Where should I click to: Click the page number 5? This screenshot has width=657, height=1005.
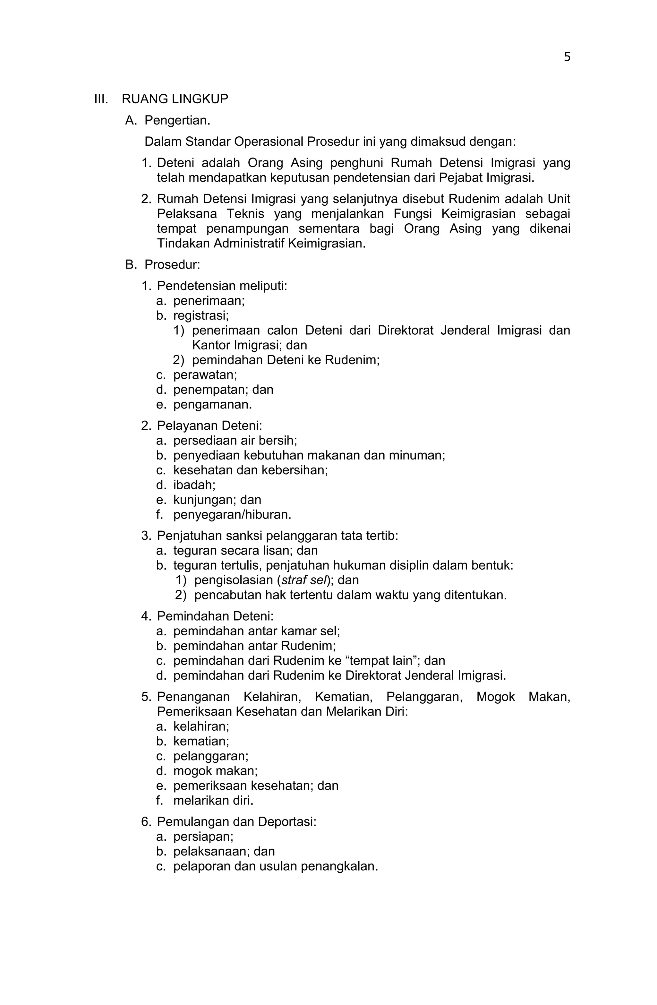[x=567, y=57]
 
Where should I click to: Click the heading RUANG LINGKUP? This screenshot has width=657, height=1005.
[x=175, y=99]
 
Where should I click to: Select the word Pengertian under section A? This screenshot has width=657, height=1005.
[x=177, y=121]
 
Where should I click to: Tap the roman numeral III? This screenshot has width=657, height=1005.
[x=101, y=99]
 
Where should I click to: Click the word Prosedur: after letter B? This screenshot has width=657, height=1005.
[x=172, y=265]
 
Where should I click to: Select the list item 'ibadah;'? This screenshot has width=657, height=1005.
[x=194, y=485]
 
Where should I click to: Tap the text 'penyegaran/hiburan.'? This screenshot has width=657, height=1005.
[x=232, y=515]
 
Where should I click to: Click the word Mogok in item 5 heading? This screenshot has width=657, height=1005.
[x=495, y=697]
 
